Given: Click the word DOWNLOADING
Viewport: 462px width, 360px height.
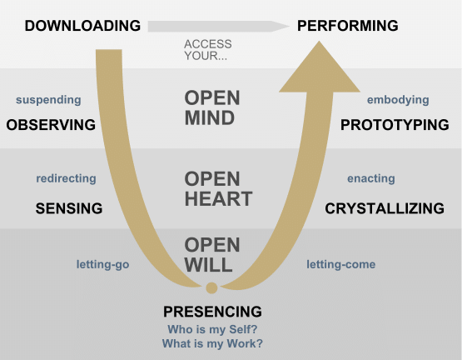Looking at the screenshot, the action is coord(82,26).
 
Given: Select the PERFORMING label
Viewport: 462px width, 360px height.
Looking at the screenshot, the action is coord(348,26).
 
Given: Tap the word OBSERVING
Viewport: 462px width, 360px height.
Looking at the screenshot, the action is coord(51,125).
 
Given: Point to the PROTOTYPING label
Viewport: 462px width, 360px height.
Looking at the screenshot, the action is coord(395,125).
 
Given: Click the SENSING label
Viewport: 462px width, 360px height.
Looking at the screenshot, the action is coord(69,208).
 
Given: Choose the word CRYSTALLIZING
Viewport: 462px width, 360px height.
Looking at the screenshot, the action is coord(385,208).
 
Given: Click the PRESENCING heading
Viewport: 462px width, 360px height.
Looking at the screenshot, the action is coord(212,312).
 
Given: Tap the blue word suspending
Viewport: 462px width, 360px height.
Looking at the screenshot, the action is coord(48,100).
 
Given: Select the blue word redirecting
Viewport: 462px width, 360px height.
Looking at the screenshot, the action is coord(66,178).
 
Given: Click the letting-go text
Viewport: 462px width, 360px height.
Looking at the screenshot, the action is coord(103,264).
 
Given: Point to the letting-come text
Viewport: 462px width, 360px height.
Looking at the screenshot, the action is coord(341,264).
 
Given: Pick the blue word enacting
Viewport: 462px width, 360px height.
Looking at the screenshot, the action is coord(371,178).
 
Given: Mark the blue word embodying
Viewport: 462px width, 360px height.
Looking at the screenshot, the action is coord(398,100).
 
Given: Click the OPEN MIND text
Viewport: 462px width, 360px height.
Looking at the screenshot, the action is coord(212,107).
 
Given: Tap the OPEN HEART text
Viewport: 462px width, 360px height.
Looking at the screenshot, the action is coord(218,188).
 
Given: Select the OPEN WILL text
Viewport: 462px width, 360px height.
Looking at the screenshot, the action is coord(212,254).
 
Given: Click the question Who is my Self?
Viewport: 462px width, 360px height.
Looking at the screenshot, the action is coord(212,329).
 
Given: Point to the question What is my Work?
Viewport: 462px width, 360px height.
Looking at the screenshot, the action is coord(212,343).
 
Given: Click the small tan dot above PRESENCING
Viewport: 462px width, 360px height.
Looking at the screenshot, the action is coord(211,287).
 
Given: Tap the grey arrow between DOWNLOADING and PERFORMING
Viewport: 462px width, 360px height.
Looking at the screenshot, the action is coord(218,27).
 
